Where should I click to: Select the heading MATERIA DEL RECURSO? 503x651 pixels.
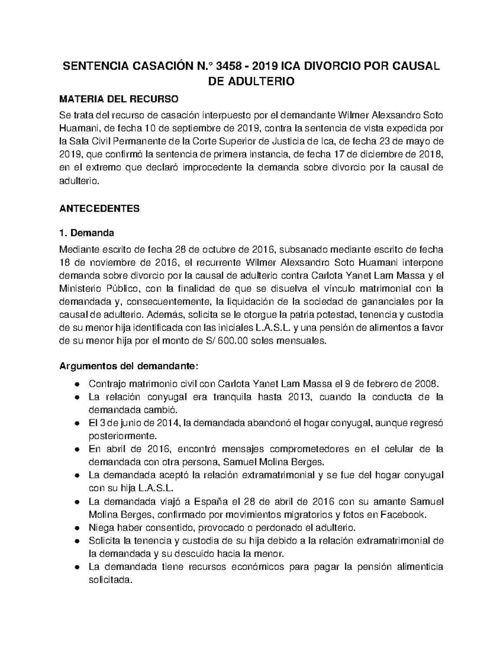coord(119,99)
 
